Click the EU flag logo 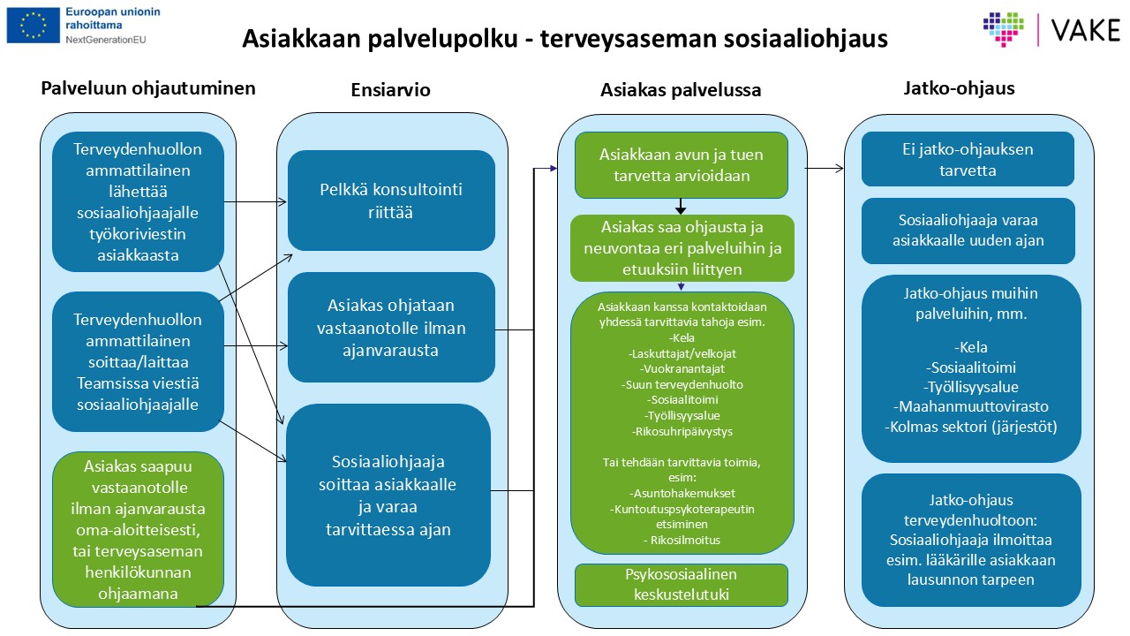[34, 26]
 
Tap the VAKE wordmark [1086, 30]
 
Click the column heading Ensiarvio [390, 90]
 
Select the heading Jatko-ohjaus [959, 88]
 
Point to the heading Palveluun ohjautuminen [148, 88]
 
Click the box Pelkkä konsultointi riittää [391, 201]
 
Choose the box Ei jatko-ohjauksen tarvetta [968, 159]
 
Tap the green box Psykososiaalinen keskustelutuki [681, 585]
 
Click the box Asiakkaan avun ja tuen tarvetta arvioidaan [681, 165]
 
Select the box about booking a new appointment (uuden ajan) [968, 231]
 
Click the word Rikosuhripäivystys [683, 432]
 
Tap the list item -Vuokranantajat [682, 369]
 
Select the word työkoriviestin [138, 234]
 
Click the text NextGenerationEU [105, 40]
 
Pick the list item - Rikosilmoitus [682, 540]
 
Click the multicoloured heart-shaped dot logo [1004, 29]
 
